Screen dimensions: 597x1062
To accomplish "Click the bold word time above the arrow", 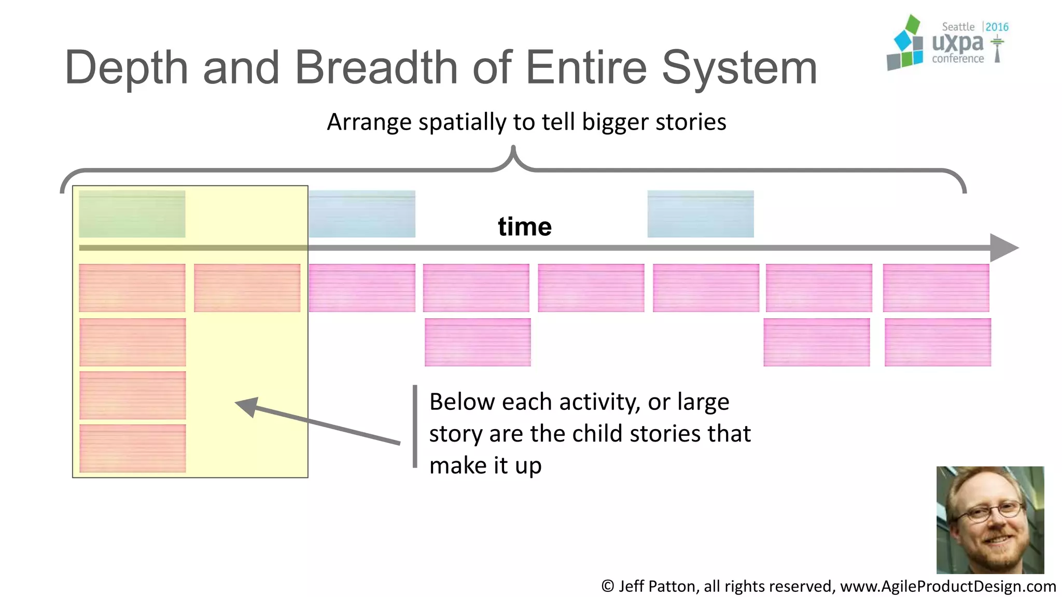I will tap(525, 226).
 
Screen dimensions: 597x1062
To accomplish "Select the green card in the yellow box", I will tap(132, 214).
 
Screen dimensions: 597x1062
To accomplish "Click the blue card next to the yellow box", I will tap(362, 214).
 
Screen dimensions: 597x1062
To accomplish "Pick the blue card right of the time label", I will tap(700, 214).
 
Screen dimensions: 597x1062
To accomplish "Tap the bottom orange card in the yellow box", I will tap(132, 448).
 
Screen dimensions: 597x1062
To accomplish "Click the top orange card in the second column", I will tap(247, 288).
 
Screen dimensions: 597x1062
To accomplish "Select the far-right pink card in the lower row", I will tap(938, 342).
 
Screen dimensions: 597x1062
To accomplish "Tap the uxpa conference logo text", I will tap(957, 44).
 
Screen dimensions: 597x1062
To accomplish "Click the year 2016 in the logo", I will tap(997, 27).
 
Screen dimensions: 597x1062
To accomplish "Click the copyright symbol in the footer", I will tap(607, 586).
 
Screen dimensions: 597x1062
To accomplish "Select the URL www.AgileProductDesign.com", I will tap(947, 586).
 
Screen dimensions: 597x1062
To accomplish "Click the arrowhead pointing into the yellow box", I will tap(247, 406).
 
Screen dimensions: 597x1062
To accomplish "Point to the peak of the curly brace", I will tap(513, 150).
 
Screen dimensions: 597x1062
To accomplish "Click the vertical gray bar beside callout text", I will tap(415, 426).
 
